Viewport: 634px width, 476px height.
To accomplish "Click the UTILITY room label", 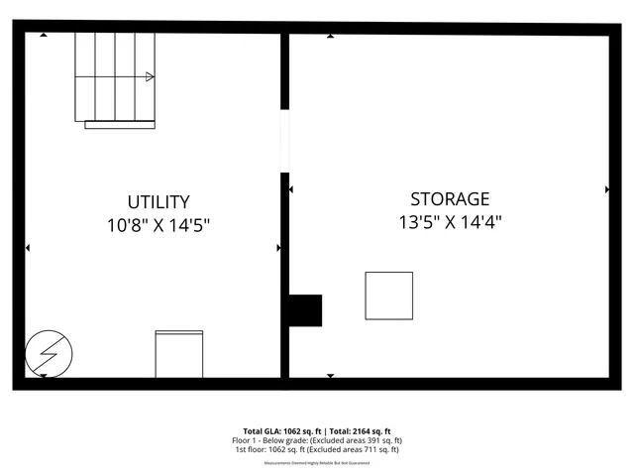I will (158, 201).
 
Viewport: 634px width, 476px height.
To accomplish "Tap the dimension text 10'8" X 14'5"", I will (158, 225).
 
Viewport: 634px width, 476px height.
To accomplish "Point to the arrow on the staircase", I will (150, 76).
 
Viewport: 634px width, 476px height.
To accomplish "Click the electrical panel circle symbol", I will (48, 352).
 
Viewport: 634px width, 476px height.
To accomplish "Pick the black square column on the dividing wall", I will (304, 310).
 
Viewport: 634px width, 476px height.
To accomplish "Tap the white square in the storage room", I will (389, 296).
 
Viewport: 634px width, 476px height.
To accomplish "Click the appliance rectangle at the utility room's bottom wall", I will (178, 354).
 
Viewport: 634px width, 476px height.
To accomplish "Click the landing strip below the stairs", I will (120, 125).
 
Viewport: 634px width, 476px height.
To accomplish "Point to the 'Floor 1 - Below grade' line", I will (317, 440).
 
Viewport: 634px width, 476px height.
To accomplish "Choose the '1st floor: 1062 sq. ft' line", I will (317, 450).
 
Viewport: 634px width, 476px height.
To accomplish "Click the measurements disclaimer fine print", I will (317, 463).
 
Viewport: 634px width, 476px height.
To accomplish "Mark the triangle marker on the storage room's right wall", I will (606, 188).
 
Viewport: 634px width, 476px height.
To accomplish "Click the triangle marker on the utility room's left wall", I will (28, 248).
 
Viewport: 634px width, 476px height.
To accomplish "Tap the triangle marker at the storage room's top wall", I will (330, 36).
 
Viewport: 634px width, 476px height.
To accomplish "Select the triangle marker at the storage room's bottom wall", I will (330, 375).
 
